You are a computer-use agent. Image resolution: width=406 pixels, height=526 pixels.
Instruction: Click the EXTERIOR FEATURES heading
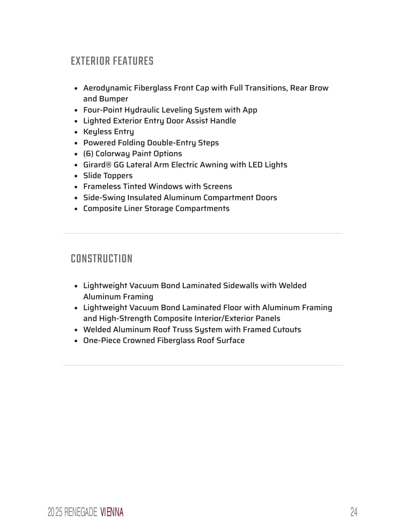coord(112,61)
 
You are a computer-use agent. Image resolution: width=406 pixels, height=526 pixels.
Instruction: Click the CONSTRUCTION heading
coord(101,259)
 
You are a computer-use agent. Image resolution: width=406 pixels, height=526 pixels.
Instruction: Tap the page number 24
coord(353,512)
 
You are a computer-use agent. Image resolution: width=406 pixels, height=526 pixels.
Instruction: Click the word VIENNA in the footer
coord(112,512)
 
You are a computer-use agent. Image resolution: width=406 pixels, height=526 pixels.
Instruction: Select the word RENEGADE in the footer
coord(81,512)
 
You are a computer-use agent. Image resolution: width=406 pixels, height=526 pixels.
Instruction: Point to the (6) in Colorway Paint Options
coord(88,154)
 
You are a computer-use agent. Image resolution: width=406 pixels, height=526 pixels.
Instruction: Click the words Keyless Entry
coord(108,132)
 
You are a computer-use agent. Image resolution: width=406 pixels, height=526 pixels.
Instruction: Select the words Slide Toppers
coord(108,176)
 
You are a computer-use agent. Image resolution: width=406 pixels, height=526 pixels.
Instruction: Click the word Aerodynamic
coord(107,88)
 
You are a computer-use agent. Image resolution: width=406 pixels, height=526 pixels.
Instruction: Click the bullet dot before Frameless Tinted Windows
coord(76,187)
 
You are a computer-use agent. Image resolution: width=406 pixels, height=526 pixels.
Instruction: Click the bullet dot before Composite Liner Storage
coord(76,209)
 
